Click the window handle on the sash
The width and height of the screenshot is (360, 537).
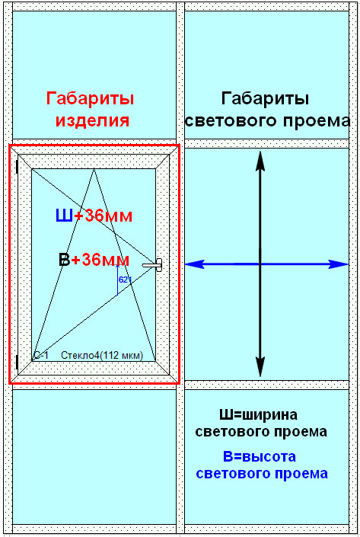coord(153,265)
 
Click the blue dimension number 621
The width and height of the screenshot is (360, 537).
coord(125,280)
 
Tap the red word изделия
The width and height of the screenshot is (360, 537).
coord(92,120)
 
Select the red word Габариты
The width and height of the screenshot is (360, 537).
coord(90,98)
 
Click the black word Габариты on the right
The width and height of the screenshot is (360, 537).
coord(265,98)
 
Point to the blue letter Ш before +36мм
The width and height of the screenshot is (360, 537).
coord(65,216)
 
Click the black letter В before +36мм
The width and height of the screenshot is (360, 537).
coord(65,260)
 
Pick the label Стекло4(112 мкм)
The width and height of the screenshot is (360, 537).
coord(102,356)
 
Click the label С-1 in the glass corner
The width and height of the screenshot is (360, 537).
coord(41,356)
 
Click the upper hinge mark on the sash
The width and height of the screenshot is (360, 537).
coord(17,167)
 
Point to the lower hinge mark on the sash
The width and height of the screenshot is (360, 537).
coord(17,362)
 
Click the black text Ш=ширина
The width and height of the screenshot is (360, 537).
coord(258,415)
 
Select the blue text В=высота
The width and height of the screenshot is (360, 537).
coord(260,456)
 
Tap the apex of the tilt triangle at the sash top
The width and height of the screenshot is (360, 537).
coord(94,169)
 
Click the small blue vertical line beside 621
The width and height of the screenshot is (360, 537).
coord(117,280)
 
